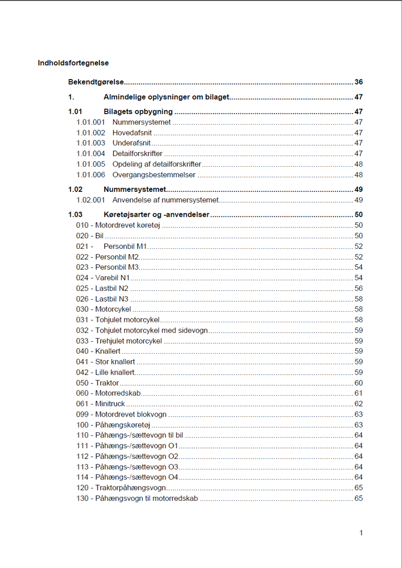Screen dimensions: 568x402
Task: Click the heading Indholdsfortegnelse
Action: pyautogui.click(x=73, y=63)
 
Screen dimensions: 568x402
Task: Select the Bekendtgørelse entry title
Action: pyautogui.click(x=96, y=82)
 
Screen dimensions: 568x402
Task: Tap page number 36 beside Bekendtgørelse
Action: pyautogui.click(x=359, y=82)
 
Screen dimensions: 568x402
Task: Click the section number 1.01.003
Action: pyautogui.click(x=91, y=143)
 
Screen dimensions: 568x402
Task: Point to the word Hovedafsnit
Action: pyautogui.click(x=132, y=133)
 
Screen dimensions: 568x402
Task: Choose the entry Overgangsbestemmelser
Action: pyautogui.click(x=154, y=174)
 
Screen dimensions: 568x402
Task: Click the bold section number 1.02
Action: pyautogui.click(x=75, y=189)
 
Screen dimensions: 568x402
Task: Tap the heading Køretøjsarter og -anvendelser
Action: pyautogui.click(x=157, y=215)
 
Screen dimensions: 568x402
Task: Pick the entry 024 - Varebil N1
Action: pyautogui.click(x=103, y=278)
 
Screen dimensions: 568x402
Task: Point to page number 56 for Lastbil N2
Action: pyautogui.click(x=359, y=288)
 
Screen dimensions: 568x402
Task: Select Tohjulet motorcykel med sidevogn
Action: pyautogui.click(x=142, y=330)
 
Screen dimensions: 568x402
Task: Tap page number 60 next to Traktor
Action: pyautogui.click(x=359, y=383)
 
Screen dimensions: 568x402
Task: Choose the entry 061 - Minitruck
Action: pyautogui.click(x=100, y=404)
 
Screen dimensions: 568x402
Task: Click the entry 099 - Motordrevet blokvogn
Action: pyautogui.click(x=121, y=414)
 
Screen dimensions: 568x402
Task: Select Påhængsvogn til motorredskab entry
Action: pyautogui.click(x=137, y=498)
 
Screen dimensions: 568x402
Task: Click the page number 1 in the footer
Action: pyautogui.click(x=361, y=533)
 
